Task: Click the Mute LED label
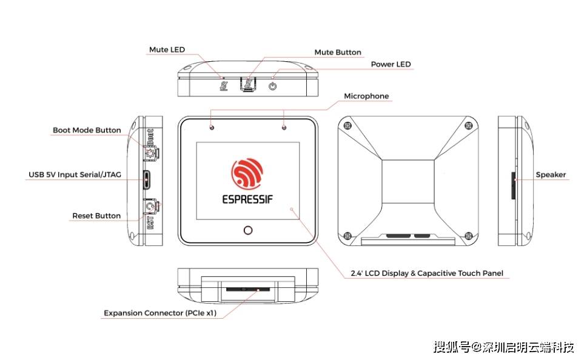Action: tap(167, 50)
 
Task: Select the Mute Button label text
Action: tap(337, 53)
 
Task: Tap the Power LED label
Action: tap(391, 64)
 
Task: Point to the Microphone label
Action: tap(366, 96)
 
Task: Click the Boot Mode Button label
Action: tap(87, 130)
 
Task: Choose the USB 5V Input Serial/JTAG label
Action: tap(75, 175)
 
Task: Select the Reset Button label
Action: tap(96, 216)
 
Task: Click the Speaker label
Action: tap(551, 175)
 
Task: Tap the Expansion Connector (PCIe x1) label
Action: tap(160, 313)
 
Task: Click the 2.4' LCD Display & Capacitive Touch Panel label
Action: tap(427, 273)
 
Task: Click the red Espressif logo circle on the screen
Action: tap(247, 173)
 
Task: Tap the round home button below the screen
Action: tap(247, 230)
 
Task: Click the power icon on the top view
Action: tap(273, 86)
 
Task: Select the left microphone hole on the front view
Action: tap(212, 127)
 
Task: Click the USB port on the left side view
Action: tap(146, 179)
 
